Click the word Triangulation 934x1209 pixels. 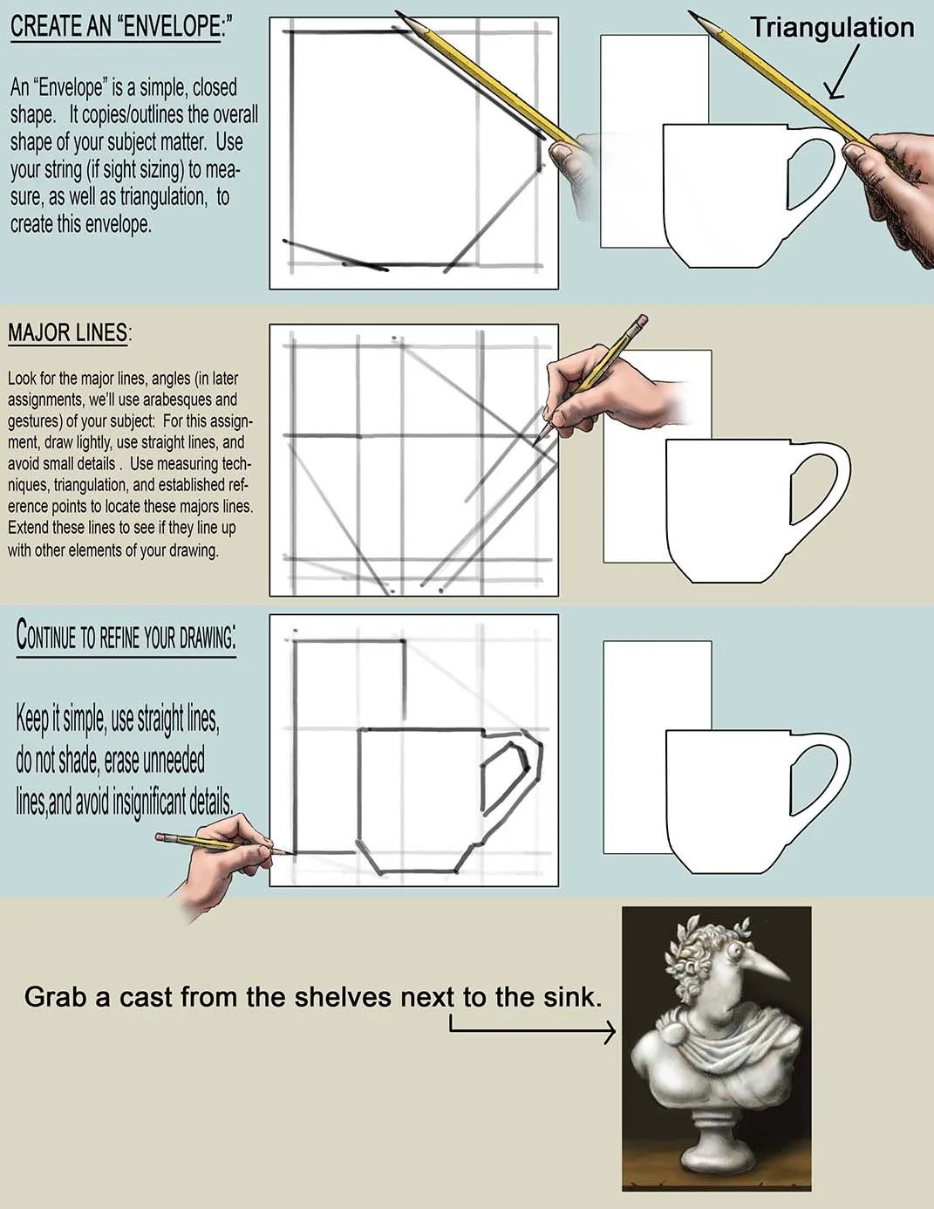[x=832, y=28]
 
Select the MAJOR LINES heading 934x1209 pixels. [x=70, y=332]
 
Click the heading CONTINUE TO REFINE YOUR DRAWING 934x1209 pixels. [x=126, y=637]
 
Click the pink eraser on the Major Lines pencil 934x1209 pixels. [x=641, y=320]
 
